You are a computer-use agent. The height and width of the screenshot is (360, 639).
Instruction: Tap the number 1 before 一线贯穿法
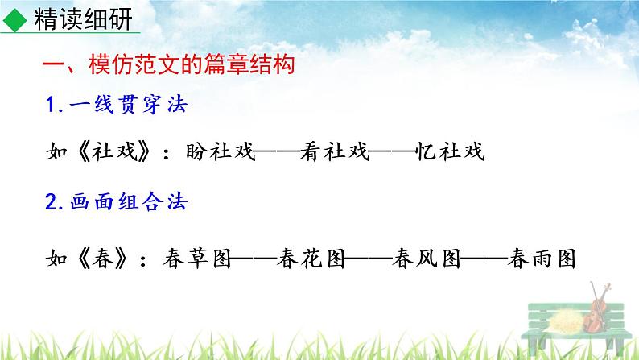(x=52, y=106)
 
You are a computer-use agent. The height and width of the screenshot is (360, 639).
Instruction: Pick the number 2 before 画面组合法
(x=52, y=203)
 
